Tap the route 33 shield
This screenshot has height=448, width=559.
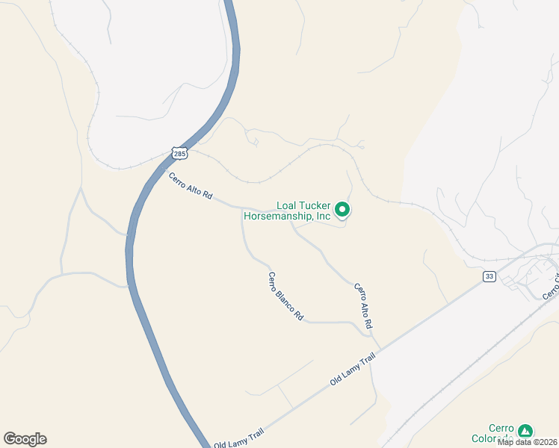tap(489, 276)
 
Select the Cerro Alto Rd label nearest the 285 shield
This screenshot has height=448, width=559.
tap(191, 186)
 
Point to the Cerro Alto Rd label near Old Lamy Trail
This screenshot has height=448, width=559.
tap(363, 306)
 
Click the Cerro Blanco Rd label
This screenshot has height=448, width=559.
tap(285, 296)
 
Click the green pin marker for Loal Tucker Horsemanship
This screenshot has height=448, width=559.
tap(342, 210)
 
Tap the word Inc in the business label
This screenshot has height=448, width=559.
tap(323, 217)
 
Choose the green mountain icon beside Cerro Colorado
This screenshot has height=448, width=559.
tap(526, 431)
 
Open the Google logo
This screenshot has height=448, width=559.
tap(25, 439)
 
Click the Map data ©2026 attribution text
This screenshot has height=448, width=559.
tap(526, 442)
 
